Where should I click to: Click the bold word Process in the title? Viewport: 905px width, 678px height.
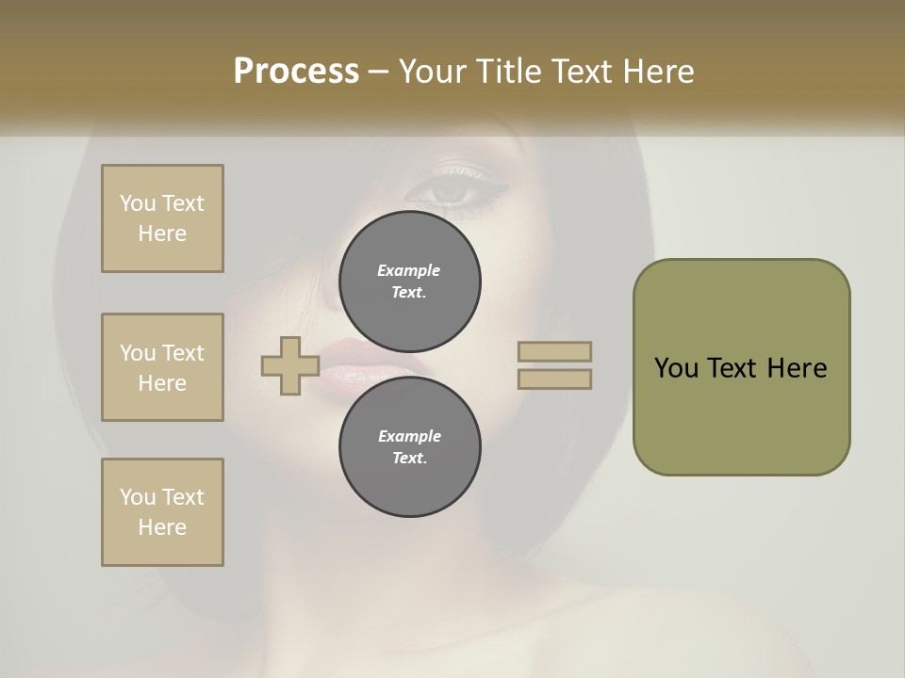(x=296, y=72)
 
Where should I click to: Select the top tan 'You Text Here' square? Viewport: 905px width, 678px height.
(x=162, y=218)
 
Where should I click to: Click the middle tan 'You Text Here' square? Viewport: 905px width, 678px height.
(x=162, y=367)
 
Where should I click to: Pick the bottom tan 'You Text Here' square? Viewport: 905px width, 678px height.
(x=162, y=512)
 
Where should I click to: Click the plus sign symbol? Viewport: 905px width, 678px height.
(x=289, y=366)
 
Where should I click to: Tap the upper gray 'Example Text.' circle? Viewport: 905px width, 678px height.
(x=409, y=282)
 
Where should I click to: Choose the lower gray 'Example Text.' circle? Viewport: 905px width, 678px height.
(x=409, y=447)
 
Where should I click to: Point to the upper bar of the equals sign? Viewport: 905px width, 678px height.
(x=555, y=352)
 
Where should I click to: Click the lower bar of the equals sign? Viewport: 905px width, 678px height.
(x=555, y=379)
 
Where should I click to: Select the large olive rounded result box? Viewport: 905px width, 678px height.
(x=741, y=367)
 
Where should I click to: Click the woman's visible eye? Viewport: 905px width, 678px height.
(x=451, y=190)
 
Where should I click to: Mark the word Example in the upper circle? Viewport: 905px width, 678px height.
(x=409, y=270)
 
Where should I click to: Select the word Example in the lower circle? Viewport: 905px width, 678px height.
(x=409, y=436)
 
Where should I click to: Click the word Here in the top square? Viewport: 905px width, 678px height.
(x=162, y=234)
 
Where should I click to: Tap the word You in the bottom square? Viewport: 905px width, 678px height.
(x=138, y=497)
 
